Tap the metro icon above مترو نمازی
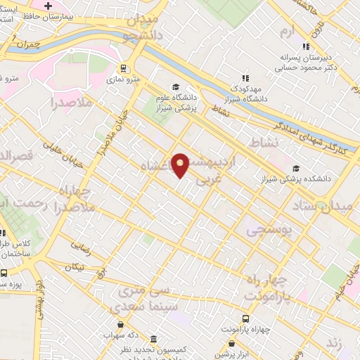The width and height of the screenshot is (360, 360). [x=124, y=69]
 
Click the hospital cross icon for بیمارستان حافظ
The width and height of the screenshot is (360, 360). [x=48, y=6]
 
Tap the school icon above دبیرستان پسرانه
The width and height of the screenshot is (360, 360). [x=306, y=46]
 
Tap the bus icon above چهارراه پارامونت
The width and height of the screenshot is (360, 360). [x=245, y=319]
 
